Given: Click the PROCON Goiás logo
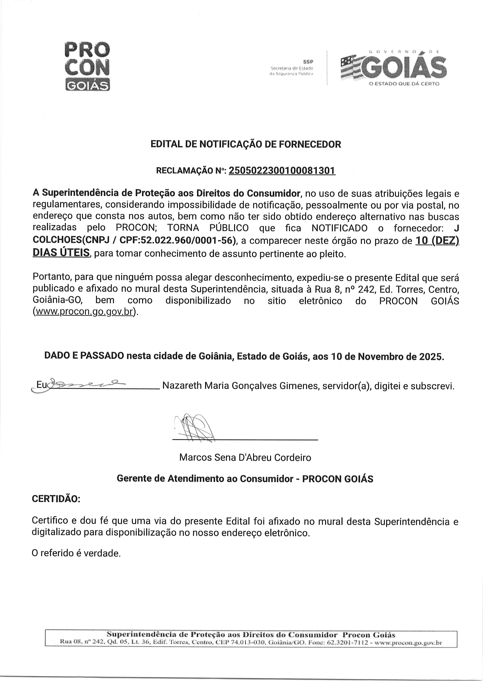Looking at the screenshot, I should tap(87, 66).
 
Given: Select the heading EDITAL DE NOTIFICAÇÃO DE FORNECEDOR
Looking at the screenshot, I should tap(246, 144).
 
